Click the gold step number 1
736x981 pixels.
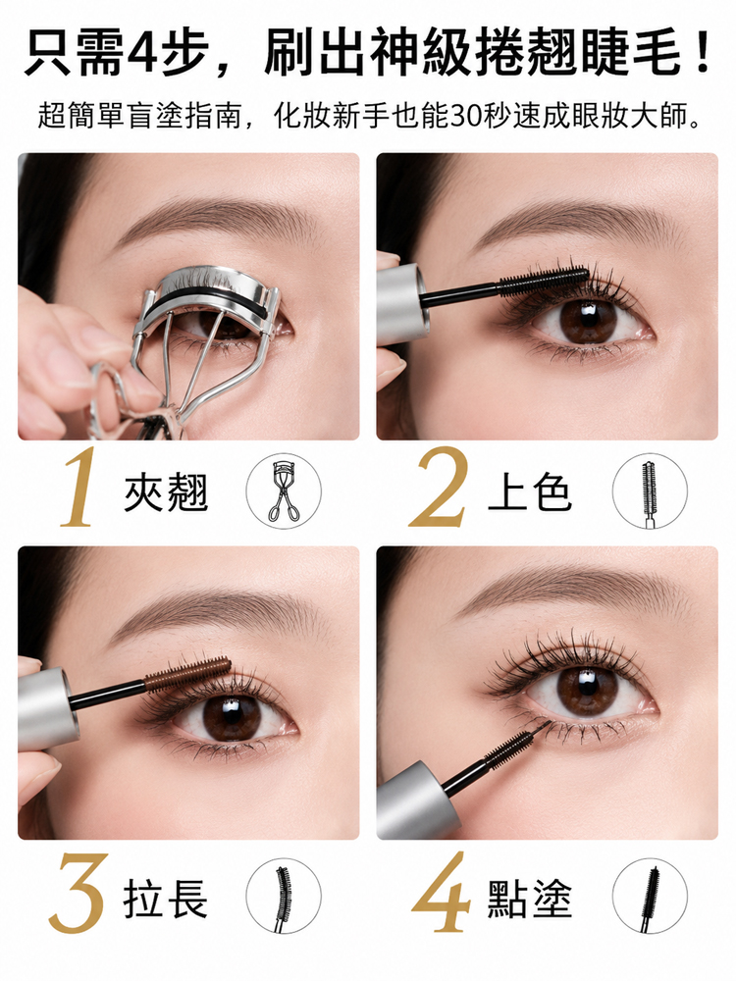click(79, 487)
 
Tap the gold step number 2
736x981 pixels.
click(438, 487)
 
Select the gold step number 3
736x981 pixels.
click(78, 894)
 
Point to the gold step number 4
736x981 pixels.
click(442, 894)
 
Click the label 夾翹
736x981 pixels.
click(166, 492)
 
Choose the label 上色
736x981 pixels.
click(530, 492)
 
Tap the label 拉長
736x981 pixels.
click(166, 899)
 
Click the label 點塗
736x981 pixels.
click(530, 899)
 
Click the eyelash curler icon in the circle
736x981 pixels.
click(283, 491)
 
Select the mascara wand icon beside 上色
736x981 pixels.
click(650, 492)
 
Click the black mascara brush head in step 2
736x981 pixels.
click(544, 281)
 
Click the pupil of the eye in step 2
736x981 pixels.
click(588, 321)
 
